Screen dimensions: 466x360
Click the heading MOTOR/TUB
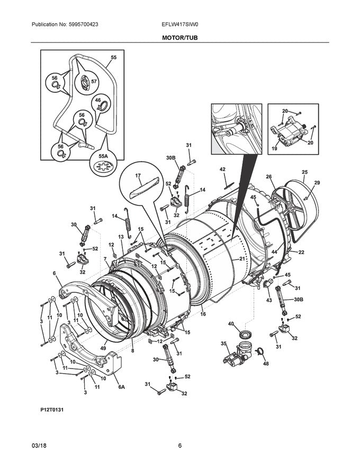180,38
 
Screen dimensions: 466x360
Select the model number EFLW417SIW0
179,24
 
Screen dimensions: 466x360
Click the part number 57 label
94,81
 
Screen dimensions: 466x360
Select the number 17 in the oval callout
138,176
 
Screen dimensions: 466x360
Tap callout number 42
222,169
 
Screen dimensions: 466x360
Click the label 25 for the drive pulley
304,172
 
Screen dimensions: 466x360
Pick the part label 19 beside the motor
275,149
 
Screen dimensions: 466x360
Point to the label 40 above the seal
231,324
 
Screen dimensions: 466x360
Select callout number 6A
121,387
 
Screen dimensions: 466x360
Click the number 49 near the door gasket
103,348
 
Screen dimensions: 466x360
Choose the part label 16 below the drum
203,314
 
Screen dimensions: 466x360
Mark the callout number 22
301,253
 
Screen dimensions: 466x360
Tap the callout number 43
269,300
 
